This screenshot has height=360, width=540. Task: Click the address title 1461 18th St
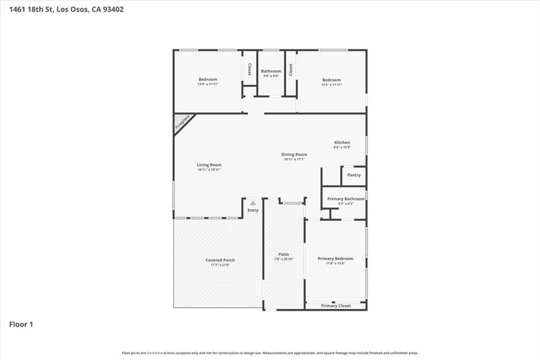click(x=66, y=9)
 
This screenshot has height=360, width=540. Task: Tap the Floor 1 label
click(x=21, y=325)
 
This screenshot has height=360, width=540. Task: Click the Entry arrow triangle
click(x=253, y=203)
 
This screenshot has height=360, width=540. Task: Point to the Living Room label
click(x=209, y=165)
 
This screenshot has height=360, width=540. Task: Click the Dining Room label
click(x=294, y=154)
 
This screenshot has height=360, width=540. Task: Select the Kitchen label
click(x=342, y=143)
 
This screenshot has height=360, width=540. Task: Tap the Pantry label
click(x=354, y=175)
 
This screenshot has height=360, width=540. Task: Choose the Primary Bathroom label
click(x=346, y=199)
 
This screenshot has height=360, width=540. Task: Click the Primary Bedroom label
click(x=335, y=259)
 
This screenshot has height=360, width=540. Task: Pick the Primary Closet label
click(x=336, y=306)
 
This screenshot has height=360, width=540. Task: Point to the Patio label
click(x=284, y=255)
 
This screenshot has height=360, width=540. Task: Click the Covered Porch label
click(x=220, y=260)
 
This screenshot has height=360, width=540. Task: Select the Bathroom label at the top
click(x=271, y=71)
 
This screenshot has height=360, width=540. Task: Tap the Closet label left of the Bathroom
click(x=249, y=70)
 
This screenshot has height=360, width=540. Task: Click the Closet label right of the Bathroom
click(x=291, y=70)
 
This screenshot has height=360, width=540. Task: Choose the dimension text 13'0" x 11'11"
click(x=208, y=84)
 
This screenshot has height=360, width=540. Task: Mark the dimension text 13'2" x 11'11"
click(x=332, y=84)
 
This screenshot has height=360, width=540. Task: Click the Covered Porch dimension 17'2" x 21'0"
click(x=220, y=265)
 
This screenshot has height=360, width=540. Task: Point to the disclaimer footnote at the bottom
click(x=270, y=353)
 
